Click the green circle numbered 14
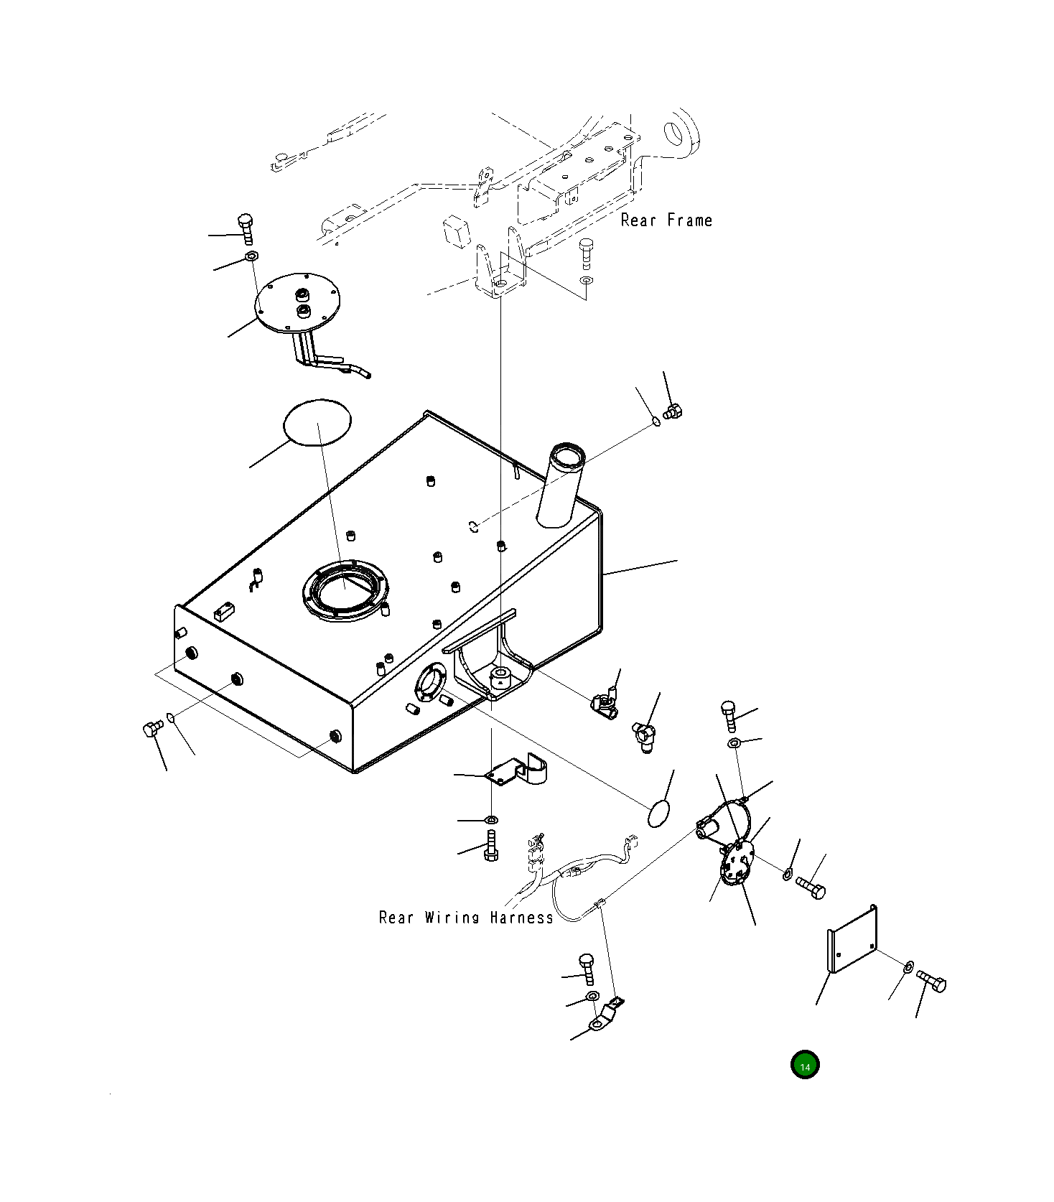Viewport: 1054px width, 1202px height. click(804, 1066)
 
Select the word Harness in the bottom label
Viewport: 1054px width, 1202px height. click(522, 917)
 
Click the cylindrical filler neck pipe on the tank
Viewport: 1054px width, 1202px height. click(561, 485)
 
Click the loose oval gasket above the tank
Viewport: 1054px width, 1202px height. click(317, 423)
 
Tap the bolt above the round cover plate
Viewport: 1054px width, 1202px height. click(246, 228)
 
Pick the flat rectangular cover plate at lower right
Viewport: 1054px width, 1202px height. click(852, 939)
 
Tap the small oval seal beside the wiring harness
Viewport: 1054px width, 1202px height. click(658, 814)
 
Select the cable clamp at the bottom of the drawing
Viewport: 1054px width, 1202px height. click(606, 1017)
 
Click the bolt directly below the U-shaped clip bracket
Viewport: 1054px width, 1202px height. click(492, 844)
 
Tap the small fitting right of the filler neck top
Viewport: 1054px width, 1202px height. click(673, 411)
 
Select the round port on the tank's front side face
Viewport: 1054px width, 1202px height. click(430, 684)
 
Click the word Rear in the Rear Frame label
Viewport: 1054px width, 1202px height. click(638, 220)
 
